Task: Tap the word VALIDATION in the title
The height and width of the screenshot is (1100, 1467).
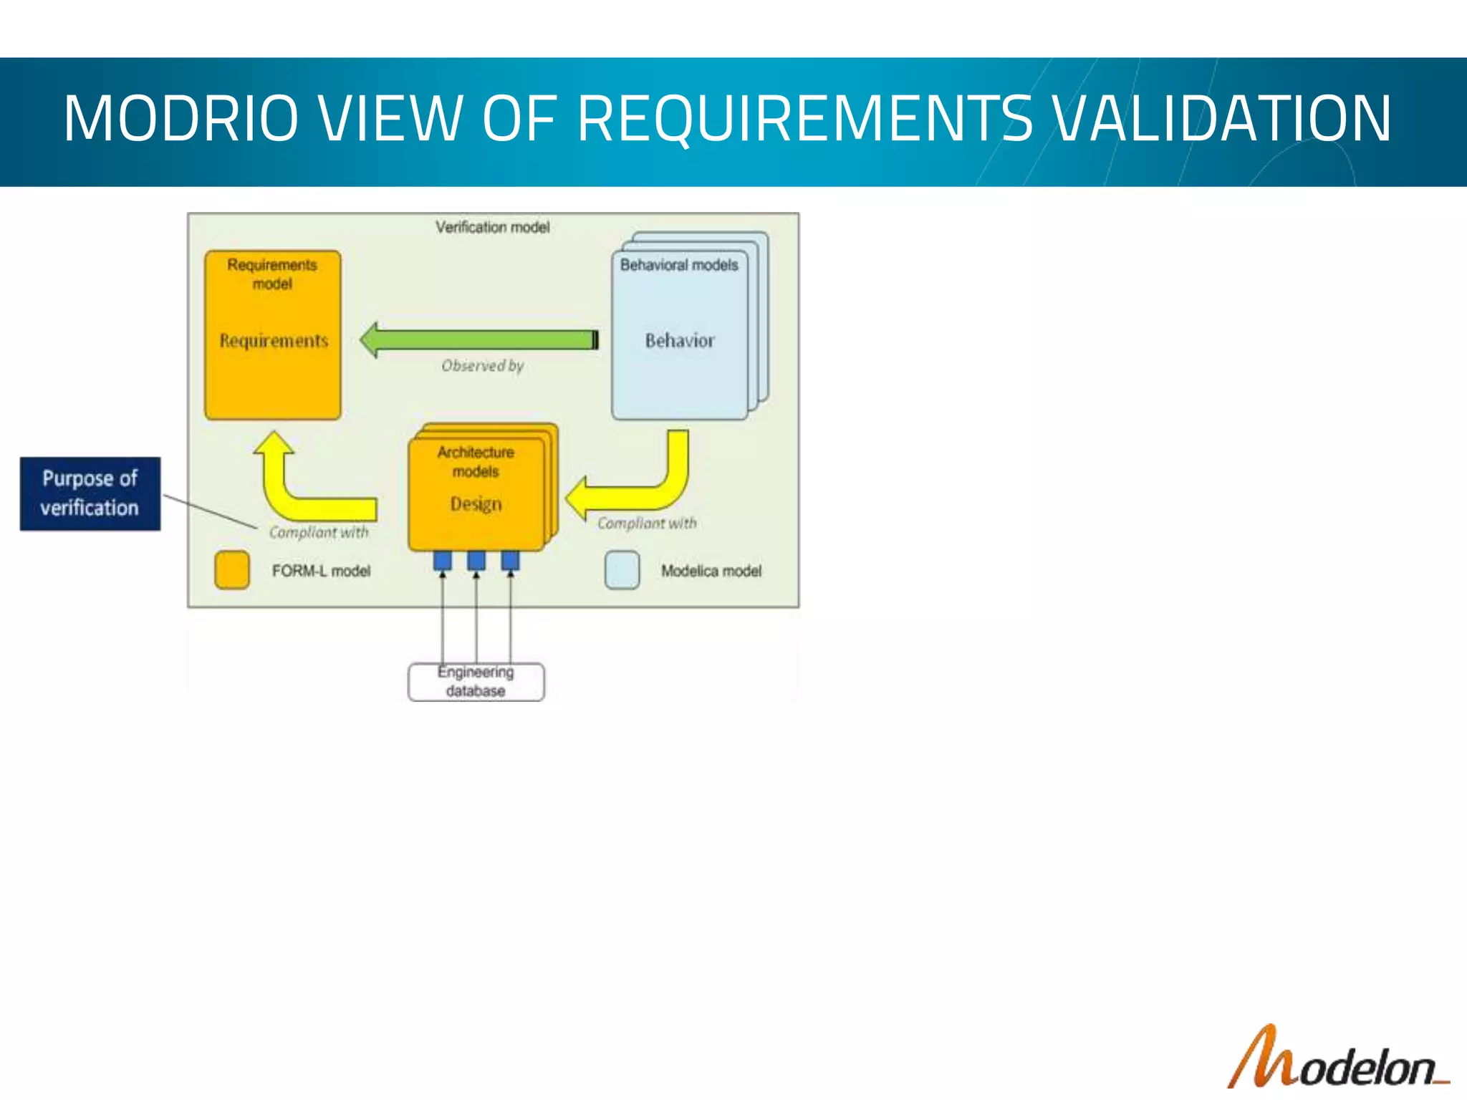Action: click(1223, 119)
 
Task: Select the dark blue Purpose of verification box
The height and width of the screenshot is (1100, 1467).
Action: click(90, 493)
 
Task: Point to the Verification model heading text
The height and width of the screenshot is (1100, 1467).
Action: click(493, 227)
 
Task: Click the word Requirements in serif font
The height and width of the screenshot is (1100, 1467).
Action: click(274, 341)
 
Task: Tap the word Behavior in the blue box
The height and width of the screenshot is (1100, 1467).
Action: click(680, 341)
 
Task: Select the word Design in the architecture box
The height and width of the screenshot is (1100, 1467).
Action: click(476, 504)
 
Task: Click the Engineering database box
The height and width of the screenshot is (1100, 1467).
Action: click(476, 682)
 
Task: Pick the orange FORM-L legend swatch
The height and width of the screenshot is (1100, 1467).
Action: click(232, 570)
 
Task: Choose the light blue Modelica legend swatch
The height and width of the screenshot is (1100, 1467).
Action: click(622, 570)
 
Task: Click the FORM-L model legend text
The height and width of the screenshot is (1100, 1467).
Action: click(321, 571)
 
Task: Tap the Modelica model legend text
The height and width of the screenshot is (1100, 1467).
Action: click(711, 571)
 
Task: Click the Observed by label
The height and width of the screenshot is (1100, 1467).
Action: click(483, 366)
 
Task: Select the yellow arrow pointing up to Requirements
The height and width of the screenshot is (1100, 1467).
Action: click(287, 487)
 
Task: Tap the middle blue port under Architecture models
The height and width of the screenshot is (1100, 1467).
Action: click(476, 560)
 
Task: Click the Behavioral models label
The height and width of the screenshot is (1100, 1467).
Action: click(679, 265)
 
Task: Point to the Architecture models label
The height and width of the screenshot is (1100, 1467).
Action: click(476, 462)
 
